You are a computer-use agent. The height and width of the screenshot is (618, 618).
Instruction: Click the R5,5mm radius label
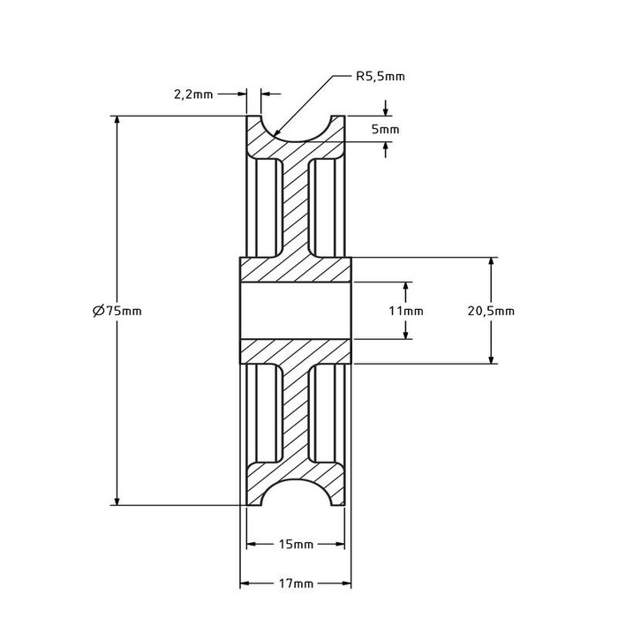coord(380,77)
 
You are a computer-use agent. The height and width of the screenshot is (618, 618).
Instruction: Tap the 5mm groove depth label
coord(386,129)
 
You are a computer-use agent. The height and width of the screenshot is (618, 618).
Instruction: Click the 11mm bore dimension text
coord(406,311)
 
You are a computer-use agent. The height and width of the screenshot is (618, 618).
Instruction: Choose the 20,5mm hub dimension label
coord(492,311)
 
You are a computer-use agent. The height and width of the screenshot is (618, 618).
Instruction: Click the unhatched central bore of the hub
coord(297,311)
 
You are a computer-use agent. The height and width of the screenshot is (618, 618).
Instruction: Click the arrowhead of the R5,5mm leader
coord(277,134)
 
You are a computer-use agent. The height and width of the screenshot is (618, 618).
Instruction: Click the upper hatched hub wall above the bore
coord(297,270)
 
